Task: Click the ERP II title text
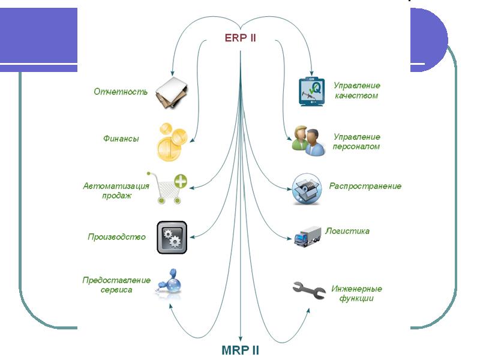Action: click(x=241, y=38)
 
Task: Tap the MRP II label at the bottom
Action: click(x=241, y=350)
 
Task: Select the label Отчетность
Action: click(x=121, y=92)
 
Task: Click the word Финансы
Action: click(x=121, y=139)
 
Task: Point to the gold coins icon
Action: click(x=172, y=142)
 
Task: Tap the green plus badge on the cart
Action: click(x=181, y=181)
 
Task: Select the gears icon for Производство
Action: click(x=172, y=237)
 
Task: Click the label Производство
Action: click(x=116, y=237)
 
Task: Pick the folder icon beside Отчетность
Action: click(x=172, y=93)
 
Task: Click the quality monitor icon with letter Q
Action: click(x=311, y=92)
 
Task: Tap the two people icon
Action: click(x=308, y=141)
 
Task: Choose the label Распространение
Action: click(x=365, y=186)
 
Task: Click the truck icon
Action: click(x=308, y=236)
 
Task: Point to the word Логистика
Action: click(x=347, y=231)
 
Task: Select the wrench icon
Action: click(x=309, y=290)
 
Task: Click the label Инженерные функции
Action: click(x=356, y=293)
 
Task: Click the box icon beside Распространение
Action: click(x=307, y=189)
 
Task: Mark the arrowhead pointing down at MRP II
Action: click(x=241, y=338)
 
